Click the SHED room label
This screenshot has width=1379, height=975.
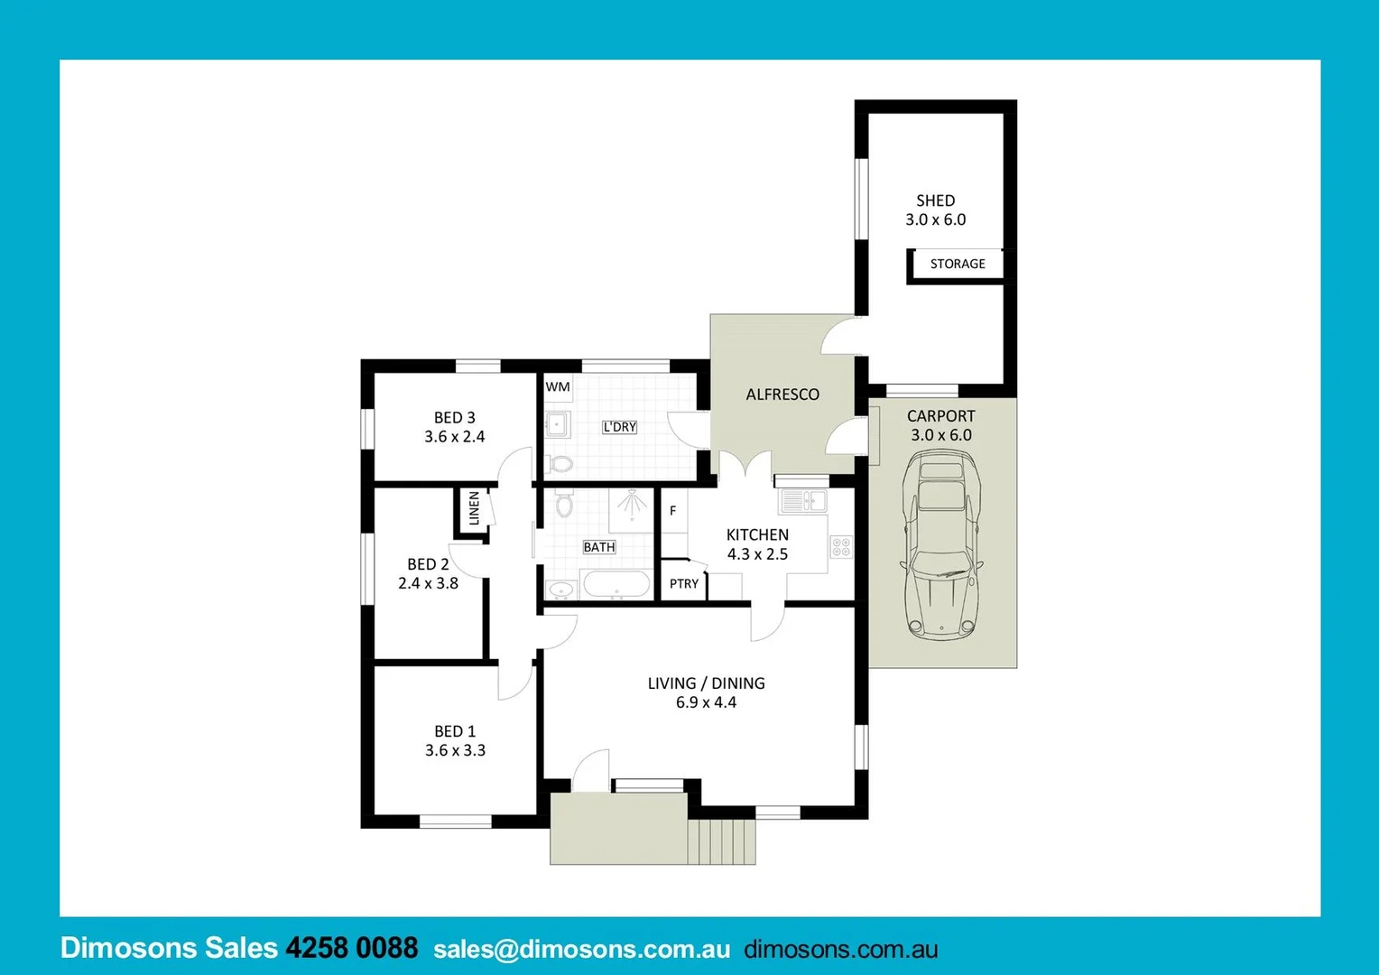pos(935,200)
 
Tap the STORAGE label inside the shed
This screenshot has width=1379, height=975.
pos(958,264)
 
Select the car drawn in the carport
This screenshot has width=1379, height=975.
pos(942,545)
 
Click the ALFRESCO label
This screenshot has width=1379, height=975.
pos(782,395)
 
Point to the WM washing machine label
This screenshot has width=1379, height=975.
pos(558,386)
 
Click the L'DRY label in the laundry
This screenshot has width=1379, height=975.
pos(619,427)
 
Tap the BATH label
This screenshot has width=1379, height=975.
pos(599,547)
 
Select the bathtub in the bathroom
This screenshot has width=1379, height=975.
pos(616,584)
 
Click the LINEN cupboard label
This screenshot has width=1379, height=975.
pos(474,508)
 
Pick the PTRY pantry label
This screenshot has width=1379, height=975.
pos(684,584)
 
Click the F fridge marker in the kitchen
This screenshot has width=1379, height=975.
pos(672,511)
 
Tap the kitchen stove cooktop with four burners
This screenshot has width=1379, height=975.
pos(841,545)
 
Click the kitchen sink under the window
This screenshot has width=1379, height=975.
pos(803,500)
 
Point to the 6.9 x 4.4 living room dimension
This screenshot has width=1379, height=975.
pos(706,702)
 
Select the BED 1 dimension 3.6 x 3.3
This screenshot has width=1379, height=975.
pos(455,750)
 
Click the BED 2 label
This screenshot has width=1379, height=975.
pos(428,564)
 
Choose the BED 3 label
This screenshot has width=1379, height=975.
pos(454,417)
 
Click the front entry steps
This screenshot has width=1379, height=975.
pos(721,841)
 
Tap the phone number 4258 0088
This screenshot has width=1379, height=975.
pos(351,948)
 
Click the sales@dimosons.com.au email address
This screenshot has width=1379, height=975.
pos(581,949)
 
